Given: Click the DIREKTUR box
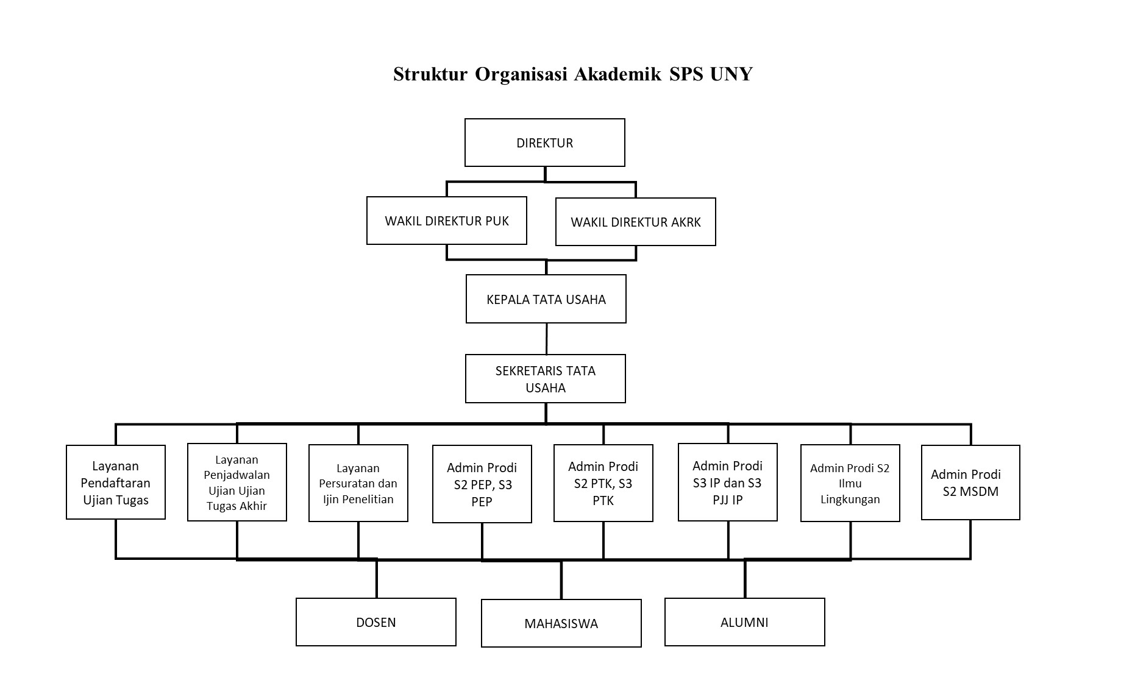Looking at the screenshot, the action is (544, 143).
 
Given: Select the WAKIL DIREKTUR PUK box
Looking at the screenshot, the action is (447, 221).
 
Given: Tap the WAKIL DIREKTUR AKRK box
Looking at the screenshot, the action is (636, 222).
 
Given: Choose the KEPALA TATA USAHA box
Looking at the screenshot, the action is (546, 299).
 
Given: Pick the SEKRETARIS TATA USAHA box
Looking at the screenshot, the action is (546, 378).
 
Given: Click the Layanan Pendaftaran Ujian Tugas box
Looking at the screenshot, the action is (116, 482).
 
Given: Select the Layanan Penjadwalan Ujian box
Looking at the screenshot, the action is (237, 482).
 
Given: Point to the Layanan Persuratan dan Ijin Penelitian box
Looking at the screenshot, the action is (358, 483).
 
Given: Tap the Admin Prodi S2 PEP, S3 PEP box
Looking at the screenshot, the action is (482, 484).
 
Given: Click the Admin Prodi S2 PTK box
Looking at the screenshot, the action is (603, 483).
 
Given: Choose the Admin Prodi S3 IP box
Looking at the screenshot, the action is (728, 482).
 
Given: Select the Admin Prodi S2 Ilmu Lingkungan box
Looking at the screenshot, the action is (850, 483).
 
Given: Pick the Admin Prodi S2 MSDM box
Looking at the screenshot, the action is (970, 483).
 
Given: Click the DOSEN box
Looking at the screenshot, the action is (376, 622).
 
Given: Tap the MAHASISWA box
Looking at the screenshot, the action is (561, 623).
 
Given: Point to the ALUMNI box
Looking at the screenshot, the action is (745, 622).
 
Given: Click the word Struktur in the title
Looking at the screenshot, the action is (430, 74).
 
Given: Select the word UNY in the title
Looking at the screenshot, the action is (731, 74).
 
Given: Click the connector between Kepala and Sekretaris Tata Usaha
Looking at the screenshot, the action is (546, 339).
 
